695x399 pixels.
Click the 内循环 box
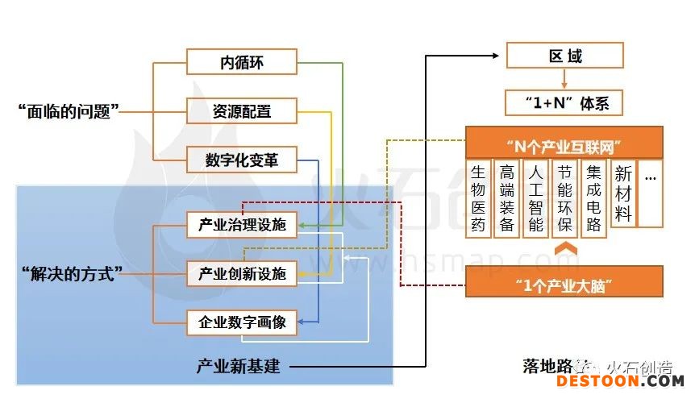242,62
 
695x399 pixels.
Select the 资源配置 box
242,110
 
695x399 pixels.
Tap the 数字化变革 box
242,160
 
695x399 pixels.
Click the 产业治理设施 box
242,225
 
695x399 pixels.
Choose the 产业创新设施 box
242,274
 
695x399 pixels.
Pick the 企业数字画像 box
242,323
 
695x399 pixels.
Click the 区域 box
564,56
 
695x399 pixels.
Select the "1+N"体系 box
564,103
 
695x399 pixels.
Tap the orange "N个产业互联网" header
564,145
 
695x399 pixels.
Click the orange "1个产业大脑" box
564,284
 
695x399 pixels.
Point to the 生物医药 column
479,197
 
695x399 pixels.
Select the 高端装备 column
507,197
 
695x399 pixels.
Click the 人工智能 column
536,197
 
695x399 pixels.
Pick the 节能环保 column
564,197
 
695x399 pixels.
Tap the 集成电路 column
594,197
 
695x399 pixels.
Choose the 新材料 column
623,193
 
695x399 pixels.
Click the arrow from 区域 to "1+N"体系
564,79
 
